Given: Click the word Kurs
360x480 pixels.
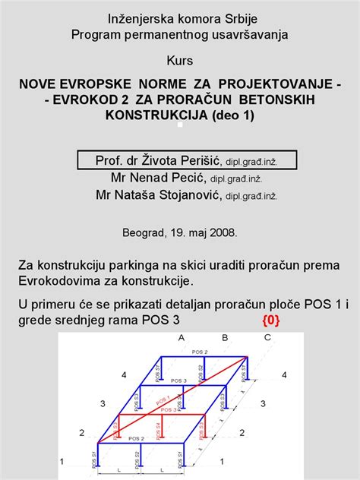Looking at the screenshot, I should [x=180, y=59].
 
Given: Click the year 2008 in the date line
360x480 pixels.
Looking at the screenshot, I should [x=224, y=232].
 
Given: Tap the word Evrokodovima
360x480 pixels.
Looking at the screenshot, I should [x=59, y=280].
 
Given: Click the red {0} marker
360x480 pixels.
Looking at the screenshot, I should [x=271, y=321].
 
